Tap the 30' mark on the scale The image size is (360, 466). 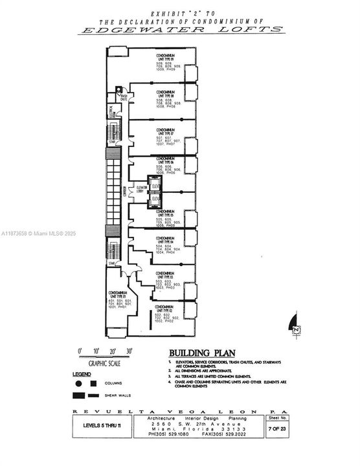[x=129, y=350]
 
